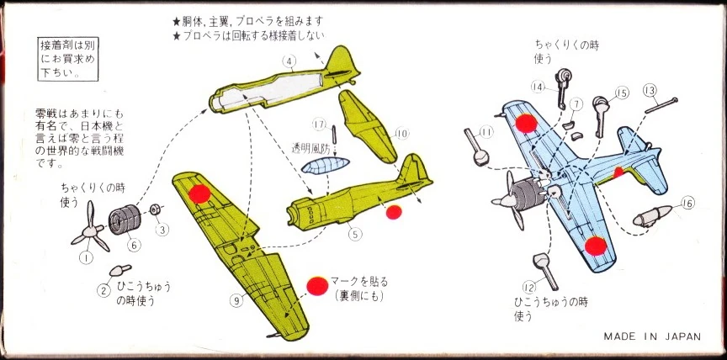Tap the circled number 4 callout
tap(289, 61)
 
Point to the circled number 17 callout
tap(318, 124)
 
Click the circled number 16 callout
tap(688, 203)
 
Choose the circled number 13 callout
tap(649, 90)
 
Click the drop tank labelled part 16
tap(651, 214)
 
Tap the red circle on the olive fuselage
tap(391, 211)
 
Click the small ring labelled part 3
tap(156, 209)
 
